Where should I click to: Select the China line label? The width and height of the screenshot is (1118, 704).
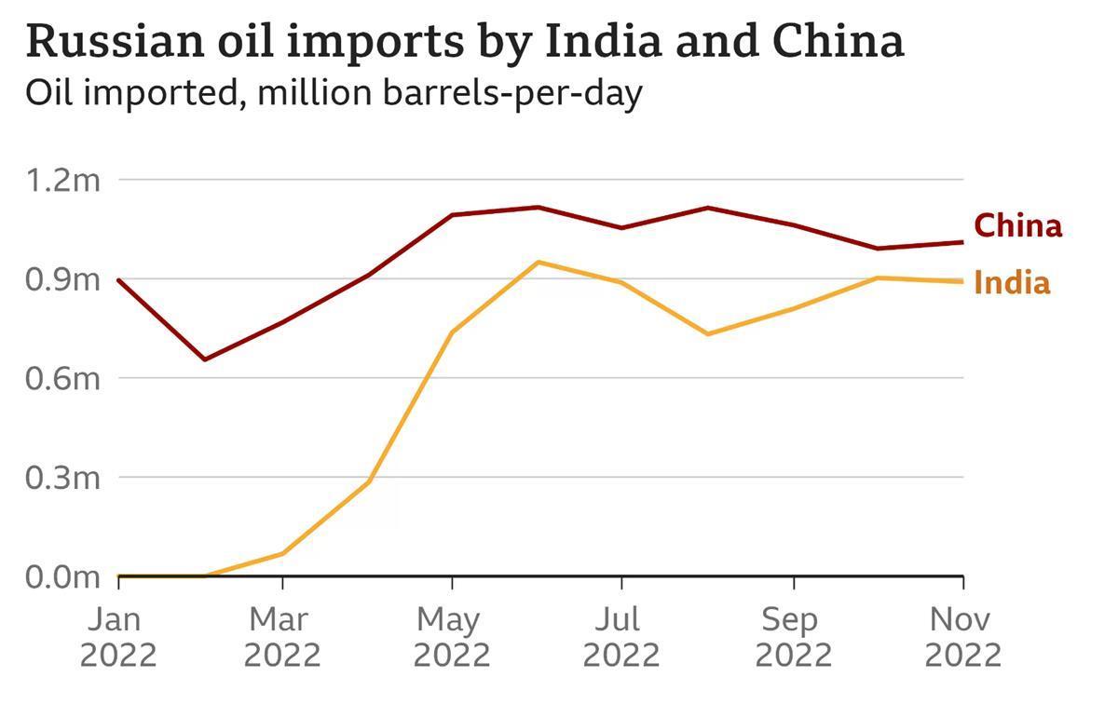1017,225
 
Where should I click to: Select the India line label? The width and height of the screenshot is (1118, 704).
1012,283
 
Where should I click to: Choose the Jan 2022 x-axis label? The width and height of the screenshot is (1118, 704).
118,637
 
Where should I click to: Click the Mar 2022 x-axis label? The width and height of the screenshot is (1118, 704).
282,637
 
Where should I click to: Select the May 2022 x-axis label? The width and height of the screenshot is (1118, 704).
452,637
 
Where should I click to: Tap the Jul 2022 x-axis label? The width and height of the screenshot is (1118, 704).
621,637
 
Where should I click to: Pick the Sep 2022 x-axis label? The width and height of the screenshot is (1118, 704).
793,637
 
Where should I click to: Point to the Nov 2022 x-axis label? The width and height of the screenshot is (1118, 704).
962,637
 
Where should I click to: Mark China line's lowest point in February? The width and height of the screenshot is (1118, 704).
204,359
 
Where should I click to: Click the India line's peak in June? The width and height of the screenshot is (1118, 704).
537,262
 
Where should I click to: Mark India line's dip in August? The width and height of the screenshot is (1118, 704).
708,333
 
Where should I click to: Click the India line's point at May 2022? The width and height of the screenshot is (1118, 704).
452,332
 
